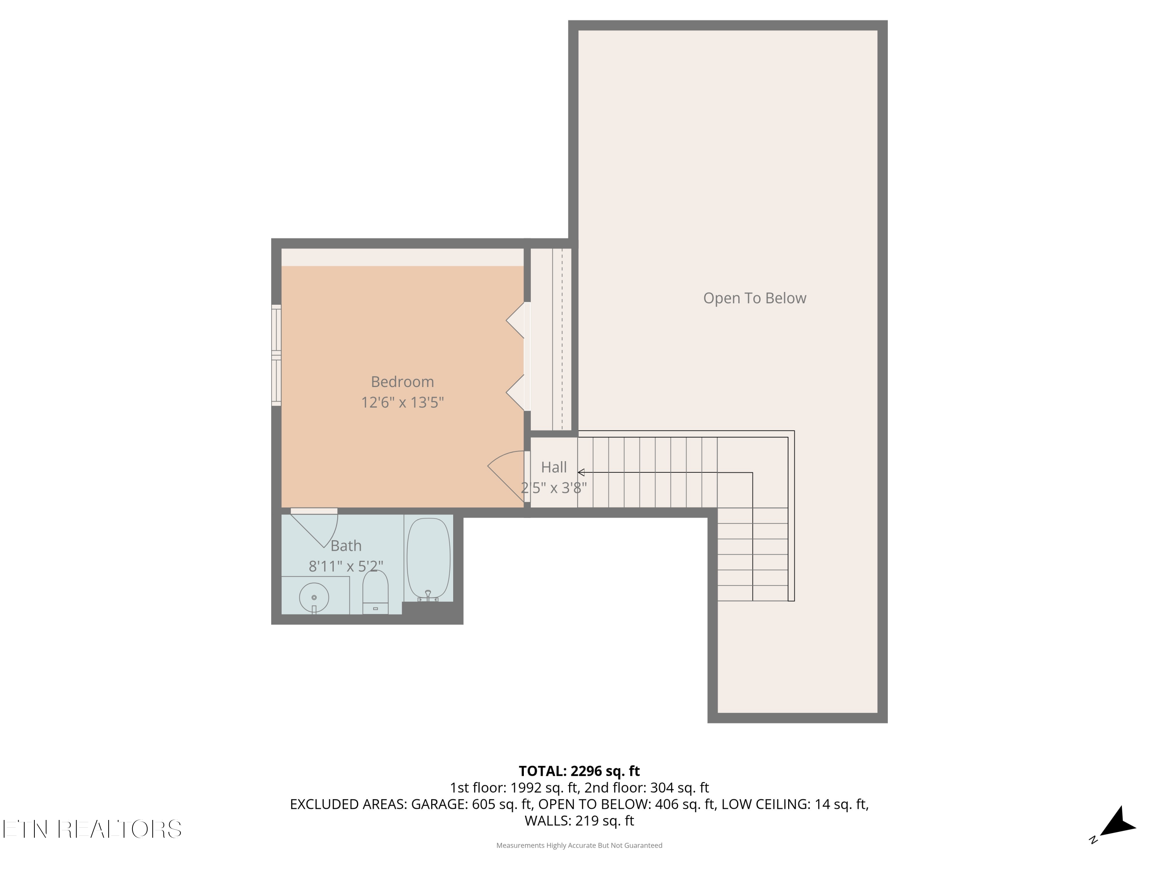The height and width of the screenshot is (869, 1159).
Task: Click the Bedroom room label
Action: tap(403, 382)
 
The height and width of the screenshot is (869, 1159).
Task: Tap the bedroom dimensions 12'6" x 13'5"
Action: tap(403, 402)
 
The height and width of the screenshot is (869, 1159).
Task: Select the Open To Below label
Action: tap(755, 298)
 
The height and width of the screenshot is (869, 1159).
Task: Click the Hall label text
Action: tap(554, 467)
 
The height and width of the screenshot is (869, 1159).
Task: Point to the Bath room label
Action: tap(346, 546)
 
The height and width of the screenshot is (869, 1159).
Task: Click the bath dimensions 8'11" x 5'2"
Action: tap(346, 566)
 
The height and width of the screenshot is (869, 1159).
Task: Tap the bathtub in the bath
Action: tap(428, 559)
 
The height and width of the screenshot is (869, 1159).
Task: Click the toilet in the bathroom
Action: tap(376, 592)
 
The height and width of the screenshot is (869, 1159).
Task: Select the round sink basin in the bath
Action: tap(314, 597)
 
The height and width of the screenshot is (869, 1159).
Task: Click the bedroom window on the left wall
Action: tap(276, 355)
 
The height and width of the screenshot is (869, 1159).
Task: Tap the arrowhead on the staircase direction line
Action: tap(581, 472)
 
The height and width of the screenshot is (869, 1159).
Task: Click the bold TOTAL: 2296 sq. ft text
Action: tap(579, 771)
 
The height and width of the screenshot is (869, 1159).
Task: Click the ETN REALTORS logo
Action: tap(92, 829)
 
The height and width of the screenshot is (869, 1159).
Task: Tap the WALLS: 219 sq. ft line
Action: tap(579, 821)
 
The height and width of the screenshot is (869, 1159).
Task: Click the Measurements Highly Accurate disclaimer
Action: tap(579, 845)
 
